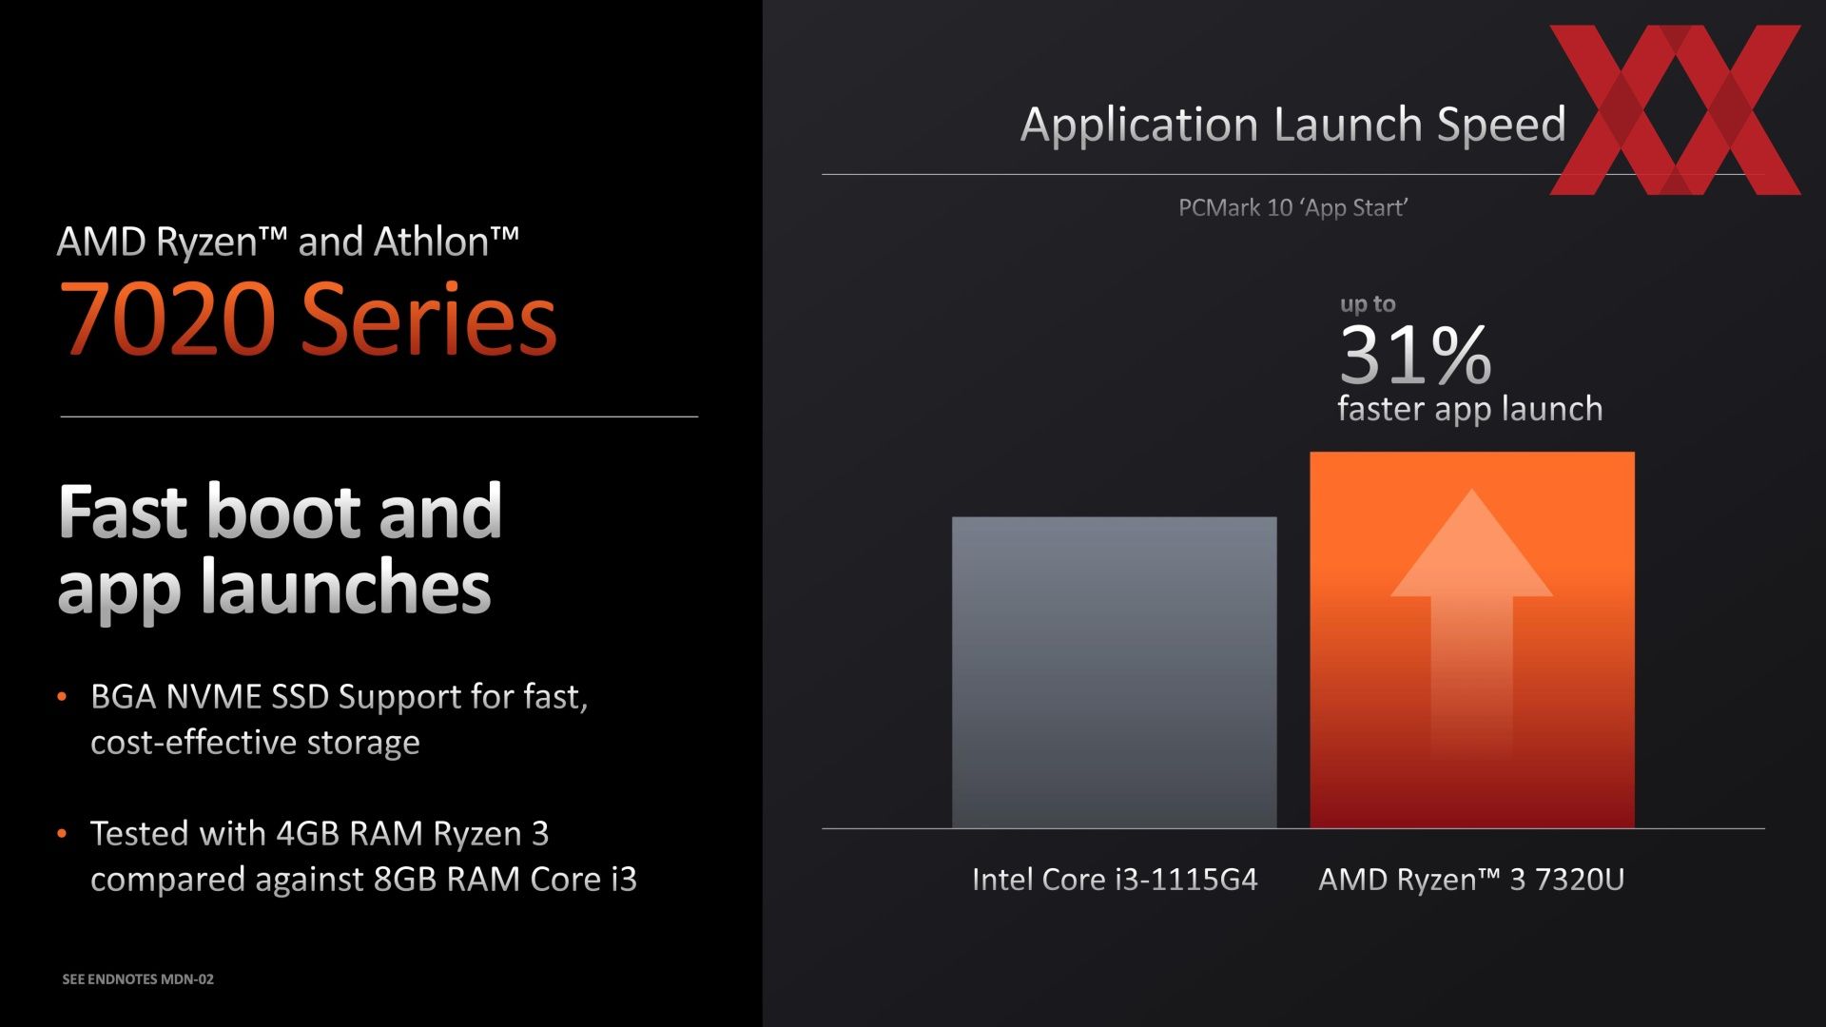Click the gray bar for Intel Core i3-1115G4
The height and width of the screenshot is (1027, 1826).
click(x=1114, y=672)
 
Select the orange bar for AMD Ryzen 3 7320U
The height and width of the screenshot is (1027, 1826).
click(x=1472, y=640)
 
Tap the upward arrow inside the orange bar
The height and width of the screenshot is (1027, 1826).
click(x=1472, y=628)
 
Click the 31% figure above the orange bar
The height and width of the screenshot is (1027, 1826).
click(x=1415, y=355)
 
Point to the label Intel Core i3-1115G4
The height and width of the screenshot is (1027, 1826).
click(x=1115, y=879)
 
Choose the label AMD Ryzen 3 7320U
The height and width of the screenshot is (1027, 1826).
click(x=1471, y=879)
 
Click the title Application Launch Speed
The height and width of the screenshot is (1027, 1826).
click(x=1293, y=125)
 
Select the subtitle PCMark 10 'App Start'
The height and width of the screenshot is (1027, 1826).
click(x=1293, y=207)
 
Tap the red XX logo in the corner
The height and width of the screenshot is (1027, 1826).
click(x=1676, y=109)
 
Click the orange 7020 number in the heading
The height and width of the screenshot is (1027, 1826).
click(x=167, y=319)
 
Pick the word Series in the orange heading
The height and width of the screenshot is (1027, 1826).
click(x=429, y=319)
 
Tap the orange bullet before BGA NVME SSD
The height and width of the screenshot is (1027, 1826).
click(x=62, y=697)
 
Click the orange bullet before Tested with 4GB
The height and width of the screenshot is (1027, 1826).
click(x=62, y=834)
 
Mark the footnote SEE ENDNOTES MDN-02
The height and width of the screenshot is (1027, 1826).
click(x=138, y=979)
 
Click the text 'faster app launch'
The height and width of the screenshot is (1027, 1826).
click(x=1470, y=409)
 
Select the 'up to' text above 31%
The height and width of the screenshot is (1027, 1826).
click(x=1368, y=304)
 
